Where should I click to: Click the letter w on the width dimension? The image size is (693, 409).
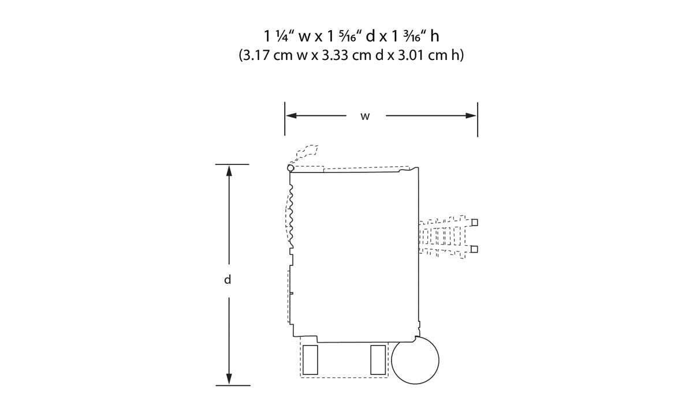tap(365, 117)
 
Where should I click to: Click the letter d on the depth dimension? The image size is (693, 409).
tap(228, 279)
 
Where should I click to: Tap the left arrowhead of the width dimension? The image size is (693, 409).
tap(292, 115)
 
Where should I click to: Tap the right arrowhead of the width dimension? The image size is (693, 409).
tap(471, 115)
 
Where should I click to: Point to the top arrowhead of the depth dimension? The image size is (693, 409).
tap(229, 171)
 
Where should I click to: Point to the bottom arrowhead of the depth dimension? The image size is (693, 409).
tap(229, 379)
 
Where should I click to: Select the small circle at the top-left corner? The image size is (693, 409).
tap(290, 168)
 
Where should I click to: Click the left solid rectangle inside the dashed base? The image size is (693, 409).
tap(310, 360)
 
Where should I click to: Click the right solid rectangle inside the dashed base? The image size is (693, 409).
tap(378, 360)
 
